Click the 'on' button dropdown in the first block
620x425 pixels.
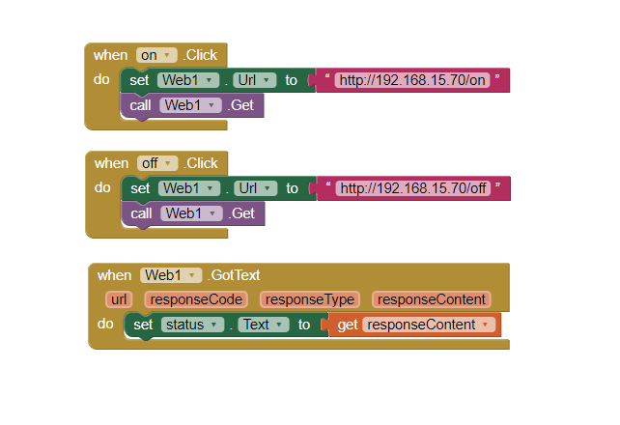[x=156, y=55]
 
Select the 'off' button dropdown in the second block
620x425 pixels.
[x=157, y=163]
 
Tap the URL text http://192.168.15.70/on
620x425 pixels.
[x=412, y=80]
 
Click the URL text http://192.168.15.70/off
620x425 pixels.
[x=413, y=188]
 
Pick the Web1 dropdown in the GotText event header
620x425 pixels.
[x=171, y=275]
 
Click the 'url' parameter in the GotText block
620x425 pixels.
[x=119, y=299]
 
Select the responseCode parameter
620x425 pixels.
[x=196, y=299]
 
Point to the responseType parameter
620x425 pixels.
[x=310, y=299]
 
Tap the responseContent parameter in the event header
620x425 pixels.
[x=432, y=299]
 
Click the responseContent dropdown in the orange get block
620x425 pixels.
[x=429, y=325]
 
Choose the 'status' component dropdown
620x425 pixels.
[x=192, y=325]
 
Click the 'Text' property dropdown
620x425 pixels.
[x=264, y=325]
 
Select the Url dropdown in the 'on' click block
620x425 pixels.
[x=255, y=80]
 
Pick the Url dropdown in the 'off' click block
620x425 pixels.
[x=255, y=188]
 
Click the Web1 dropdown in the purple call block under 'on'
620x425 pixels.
[x=190, y=105]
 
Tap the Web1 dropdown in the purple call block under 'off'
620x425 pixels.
[x=191, y=213]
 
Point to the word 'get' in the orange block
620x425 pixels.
[x=348, y=325]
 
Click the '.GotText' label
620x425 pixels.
[x=234, y=275]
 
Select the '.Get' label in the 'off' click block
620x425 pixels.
[x=241, y=213]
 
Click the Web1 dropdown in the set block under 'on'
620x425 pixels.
[x=187, y=80]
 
